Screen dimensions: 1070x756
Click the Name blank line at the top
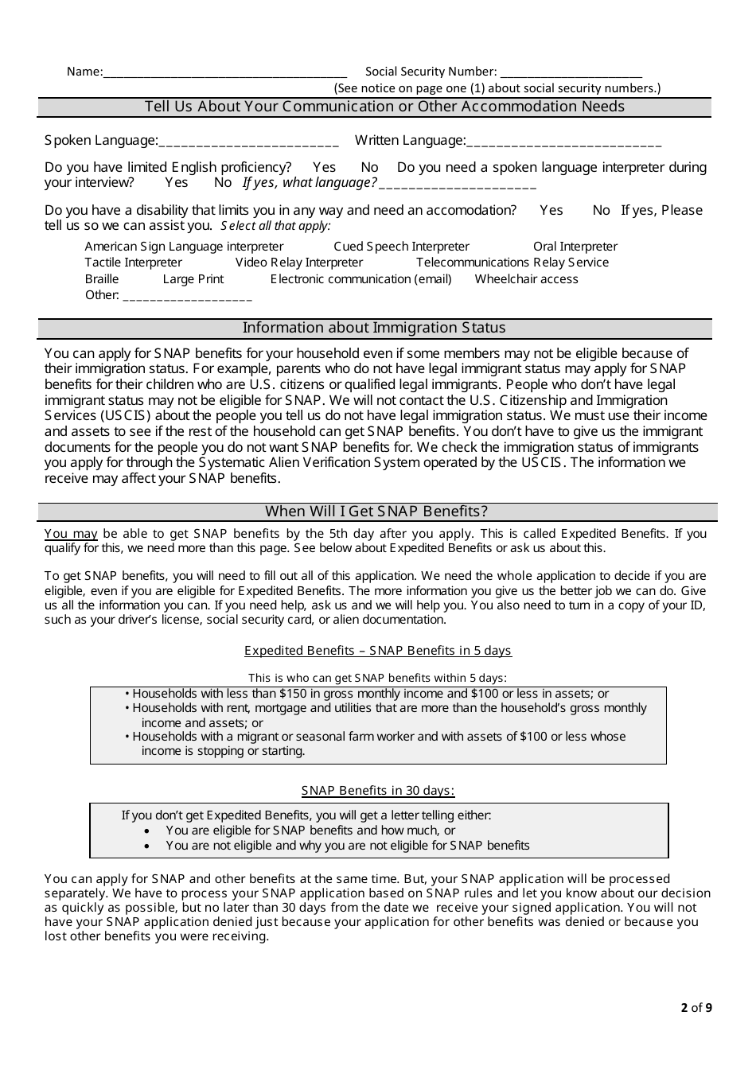[225, 72]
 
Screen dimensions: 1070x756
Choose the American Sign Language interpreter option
[184, 247]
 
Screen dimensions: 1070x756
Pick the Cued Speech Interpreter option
[401, 247]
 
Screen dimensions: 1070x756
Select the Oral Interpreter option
[575, 247]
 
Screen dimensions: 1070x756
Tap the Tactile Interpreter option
[133, 263]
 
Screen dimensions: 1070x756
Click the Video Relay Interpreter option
[298, 263]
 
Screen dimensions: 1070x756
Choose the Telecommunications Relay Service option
[512, 263]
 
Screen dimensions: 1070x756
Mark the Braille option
[102, 279]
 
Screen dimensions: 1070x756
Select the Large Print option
[193, 279]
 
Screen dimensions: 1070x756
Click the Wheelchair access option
[526, 279]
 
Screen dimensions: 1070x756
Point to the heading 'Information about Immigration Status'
[374, 328]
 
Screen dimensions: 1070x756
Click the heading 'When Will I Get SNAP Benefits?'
[376, 512]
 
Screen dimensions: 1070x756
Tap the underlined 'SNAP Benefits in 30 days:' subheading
[378, 791]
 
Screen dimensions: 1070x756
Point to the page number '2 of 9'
[696, 1008]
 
